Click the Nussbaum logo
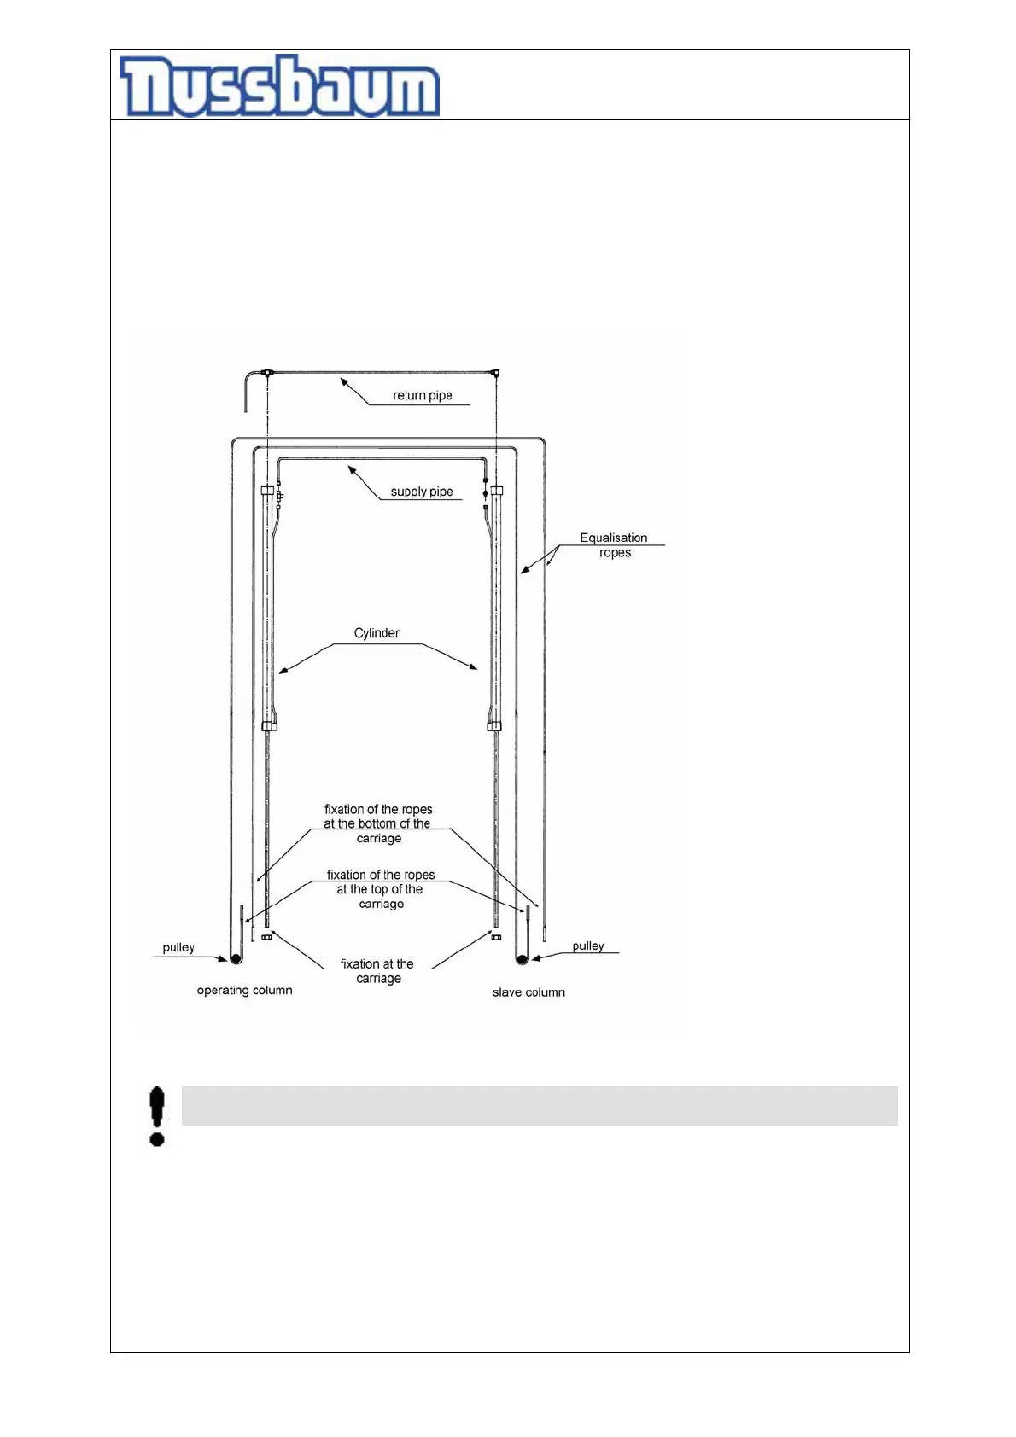(x=279, y=86)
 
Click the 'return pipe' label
(x=422, y=396)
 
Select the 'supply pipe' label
(x=421, y=492)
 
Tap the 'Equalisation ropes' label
(x=614, y=545)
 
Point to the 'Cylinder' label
(x=377, y=633)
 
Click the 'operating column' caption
(x=244, y=991)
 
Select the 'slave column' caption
(x=528, y=992)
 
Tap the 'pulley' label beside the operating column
(x=178, y=948)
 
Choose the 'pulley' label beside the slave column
(x=587, y=946)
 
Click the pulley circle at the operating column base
(x=236, y=959)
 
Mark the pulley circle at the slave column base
(x=523, y=960)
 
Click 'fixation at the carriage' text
(x=377, y=971)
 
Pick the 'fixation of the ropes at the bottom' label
(x=378, y=823)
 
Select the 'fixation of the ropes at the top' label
(x=381, y=889)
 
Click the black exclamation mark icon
(x=157, y=1115)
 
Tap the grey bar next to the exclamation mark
(x=540, y=1106)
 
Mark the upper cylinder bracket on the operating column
(x=267, y=491)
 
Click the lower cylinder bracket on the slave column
(x=494, y=726)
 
